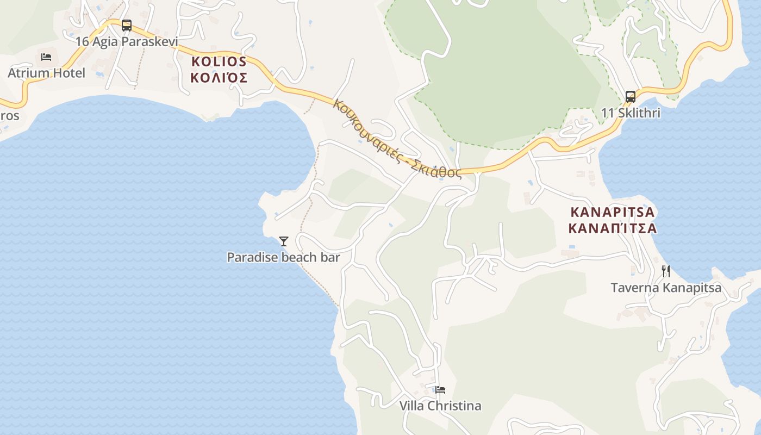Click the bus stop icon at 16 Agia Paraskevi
127,25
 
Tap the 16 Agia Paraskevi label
127,41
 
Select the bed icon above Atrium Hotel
46,57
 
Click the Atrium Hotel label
46,73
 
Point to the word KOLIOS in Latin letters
219,61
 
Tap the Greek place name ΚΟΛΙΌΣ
219,78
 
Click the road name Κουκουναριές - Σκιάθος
397,139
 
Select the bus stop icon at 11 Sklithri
631,97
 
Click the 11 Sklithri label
631,113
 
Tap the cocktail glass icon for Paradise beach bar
283,241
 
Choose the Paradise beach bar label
283,257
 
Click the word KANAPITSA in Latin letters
613,212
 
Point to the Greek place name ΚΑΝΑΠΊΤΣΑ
613,228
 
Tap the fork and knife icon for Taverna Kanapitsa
666,271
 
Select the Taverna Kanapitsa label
666,288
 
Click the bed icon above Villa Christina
440,390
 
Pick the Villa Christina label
440,406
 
